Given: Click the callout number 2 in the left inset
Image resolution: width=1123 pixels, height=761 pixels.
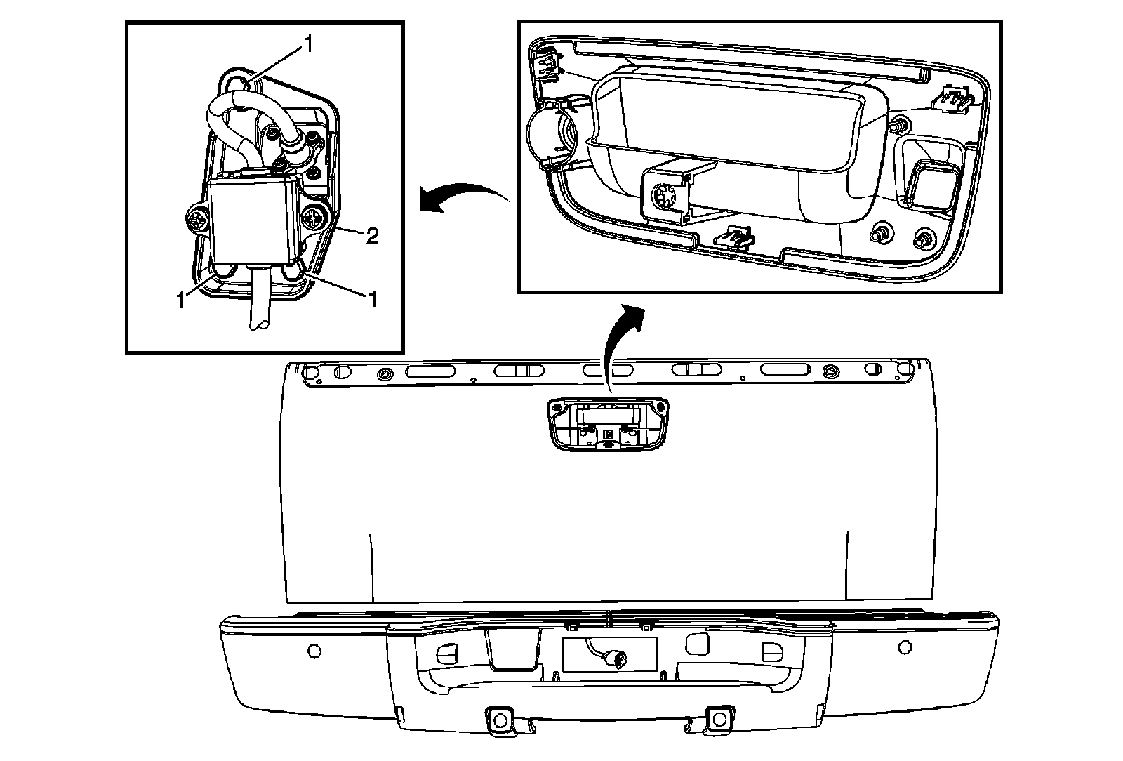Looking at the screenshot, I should pos(372,237).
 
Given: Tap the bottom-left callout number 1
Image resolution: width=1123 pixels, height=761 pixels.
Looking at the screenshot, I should pos(181,300).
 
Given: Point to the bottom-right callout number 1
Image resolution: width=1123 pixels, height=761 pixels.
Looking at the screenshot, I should pos(373,300).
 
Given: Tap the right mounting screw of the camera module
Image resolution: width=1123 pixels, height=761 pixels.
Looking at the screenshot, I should pos(312,220).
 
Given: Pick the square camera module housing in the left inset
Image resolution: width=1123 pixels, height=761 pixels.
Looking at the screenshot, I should pos(254,219).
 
